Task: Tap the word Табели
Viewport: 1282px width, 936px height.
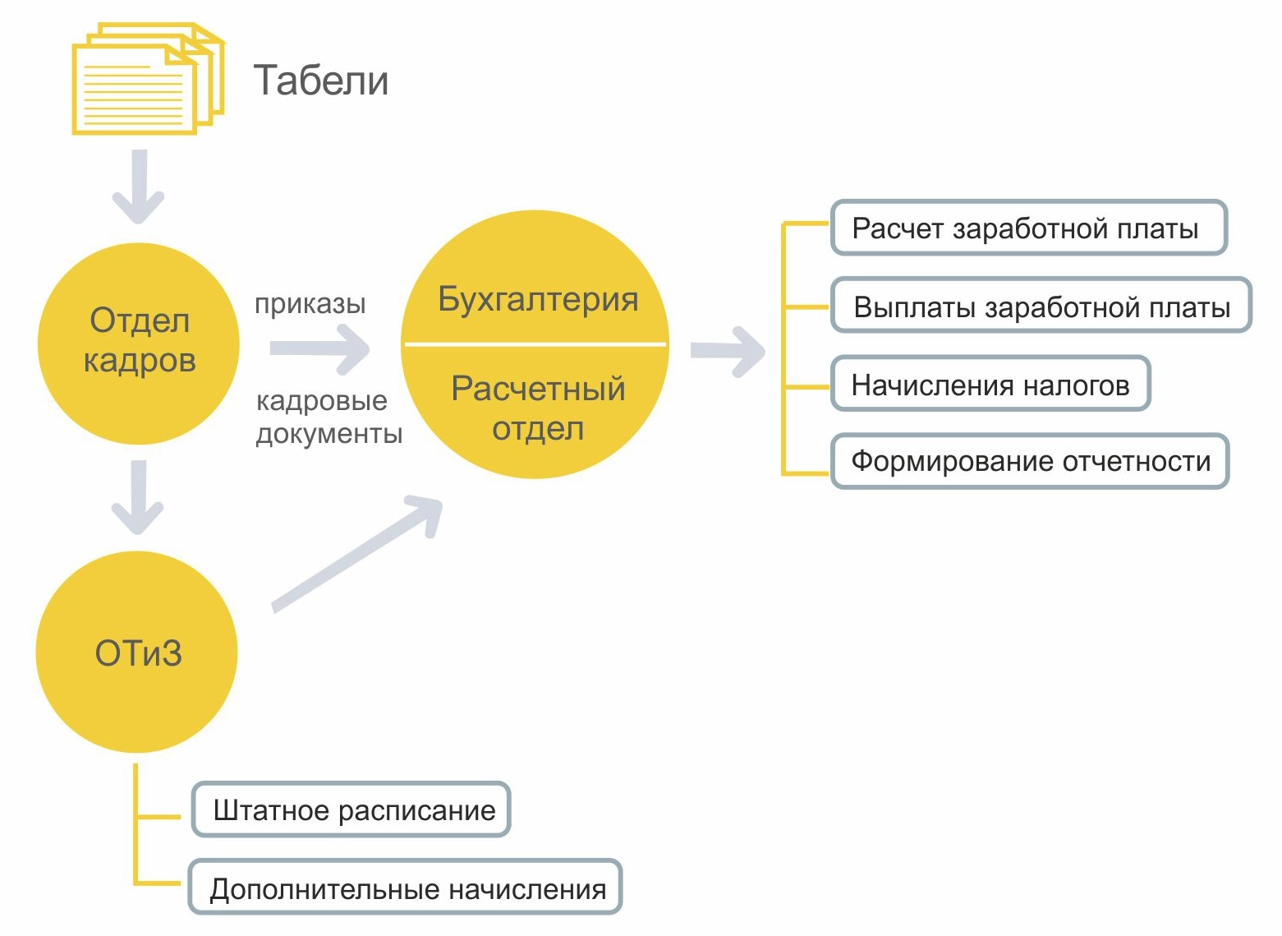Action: (x=320, y=81)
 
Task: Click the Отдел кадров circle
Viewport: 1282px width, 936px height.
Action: (x=139, y=344)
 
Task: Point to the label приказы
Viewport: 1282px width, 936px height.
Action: (x=310, y=304)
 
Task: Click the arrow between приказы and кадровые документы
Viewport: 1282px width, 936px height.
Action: (x=320, y=348)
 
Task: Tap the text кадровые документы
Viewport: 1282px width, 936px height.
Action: (x=329, y=417)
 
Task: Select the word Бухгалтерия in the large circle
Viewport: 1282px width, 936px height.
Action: (x=537, y=299)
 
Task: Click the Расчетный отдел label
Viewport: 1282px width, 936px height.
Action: (x=537, y=408)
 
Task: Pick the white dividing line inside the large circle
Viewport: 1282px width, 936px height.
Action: (x=535, y=344)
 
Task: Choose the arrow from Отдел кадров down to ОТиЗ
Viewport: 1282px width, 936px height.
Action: (x=138, y=497)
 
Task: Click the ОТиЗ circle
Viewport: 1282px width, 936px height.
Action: (x=137, y=652)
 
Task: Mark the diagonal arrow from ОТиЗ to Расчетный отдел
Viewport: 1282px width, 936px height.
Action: (x=357, y=553)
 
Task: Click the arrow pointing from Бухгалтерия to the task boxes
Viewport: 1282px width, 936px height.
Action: (x=728, y=352)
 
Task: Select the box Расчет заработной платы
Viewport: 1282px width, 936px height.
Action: (x=1028, y=228)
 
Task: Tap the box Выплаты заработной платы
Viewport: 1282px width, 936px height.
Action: (x=1041, y=306)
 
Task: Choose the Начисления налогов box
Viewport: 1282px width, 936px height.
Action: (x=990, y=384)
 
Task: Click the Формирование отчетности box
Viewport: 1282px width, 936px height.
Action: (x=1030, y=461)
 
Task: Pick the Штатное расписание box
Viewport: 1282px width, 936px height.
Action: (x=352, y=809)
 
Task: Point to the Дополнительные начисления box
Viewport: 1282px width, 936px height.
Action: (x=406, y=888)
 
